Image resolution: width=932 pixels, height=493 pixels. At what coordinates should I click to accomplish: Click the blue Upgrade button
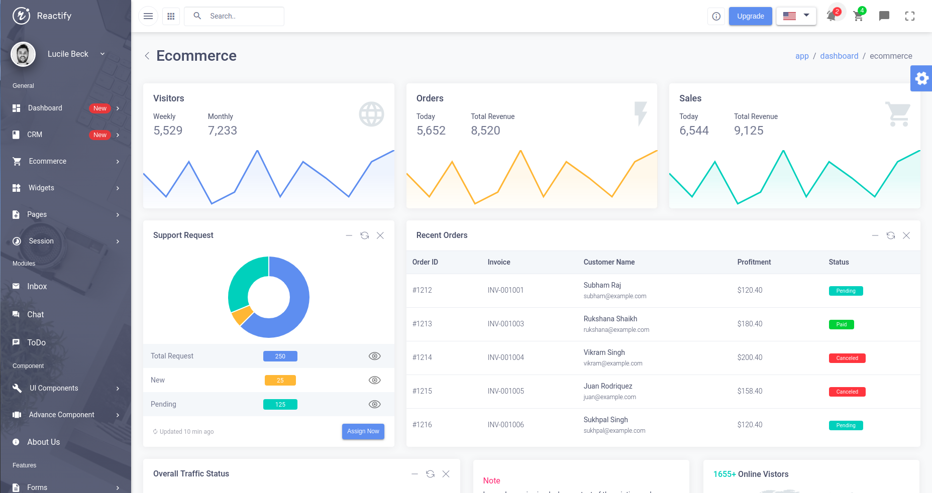[750, 16]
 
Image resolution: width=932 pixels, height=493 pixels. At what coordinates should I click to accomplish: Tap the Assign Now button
[363, 431]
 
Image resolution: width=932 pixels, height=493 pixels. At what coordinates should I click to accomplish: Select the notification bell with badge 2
[832, 16]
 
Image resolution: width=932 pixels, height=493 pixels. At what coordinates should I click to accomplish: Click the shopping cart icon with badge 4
[858, 16]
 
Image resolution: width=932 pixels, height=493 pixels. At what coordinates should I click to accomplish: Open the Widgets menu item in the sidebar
[41, 188]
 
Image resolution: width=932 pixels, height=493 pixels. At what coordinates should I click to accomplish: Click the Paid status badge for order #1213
[841, 324]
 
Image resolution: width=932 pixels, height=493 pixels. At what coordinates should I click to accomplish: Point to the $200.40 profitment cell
[750, 357]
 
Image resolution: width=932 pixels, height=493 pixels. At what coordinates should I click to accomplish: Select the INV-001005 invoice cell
[505, 391]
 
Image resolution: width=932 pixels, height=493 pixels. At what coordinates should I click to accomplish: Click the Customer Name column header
[609, 262]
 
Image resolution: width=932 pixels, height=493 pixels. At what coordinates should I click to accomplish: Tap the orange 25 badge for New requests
[280, 381]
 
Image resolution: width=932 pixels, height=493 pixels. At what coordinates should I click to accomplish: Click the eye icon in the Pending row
[374, 404]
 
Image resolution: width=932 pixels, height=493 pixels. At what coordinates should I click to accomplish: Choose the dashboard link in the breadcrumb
[839, 56]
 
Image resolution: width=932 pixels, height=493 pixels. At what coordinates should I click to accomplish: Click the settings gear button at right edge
[921, 78]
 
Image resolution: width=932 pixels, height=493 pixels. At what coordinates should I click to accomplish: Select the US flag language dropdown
[796, 16]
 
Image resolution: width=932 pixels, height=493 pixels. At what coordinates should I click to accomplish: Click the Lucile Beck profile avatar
[23, 54]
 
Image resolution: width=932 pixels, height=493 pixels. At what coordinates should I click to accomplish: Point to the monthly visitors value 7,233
[222, 131]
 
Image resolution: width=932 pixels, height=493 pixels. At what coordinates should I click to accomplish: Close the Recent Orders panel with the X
[906, 235]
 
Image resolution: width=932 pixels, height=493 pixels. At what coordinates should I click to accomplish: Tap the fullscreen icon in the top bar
[909, 16]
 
